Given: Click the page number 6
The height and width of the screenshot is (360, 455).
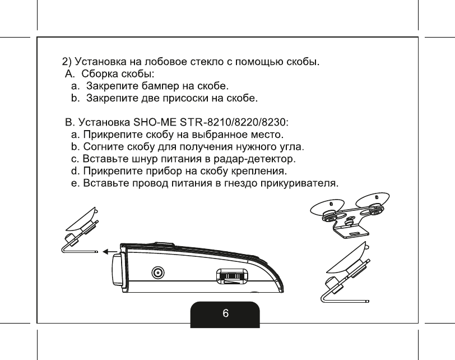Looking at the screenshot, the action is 225,314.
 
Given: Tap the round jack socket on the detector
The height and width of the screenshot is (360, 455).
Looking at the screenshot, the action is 159,274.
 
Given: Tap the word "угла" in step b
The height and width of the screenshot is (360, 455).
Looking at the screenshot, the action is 291,147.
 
